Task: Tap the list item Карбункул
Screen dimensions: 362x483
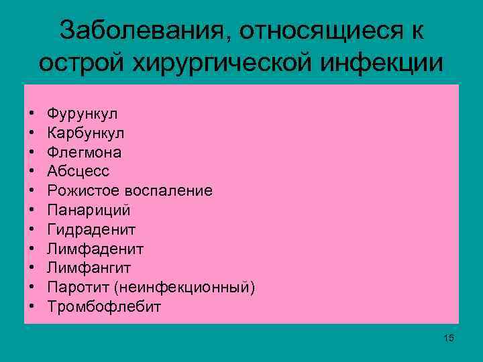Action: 86,133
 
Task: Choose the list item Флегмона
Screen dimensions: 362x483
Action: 85,152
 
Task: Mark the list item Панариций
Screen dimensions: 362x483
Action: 89,210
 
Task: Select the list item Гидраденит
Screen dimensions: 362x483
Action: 92,230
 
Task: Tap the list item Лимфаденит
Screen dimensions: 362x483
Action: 96,249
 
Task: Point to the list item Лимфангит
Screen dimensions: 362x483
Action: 89,268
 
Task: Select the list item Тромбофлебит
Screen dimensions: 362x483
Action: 105,307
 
